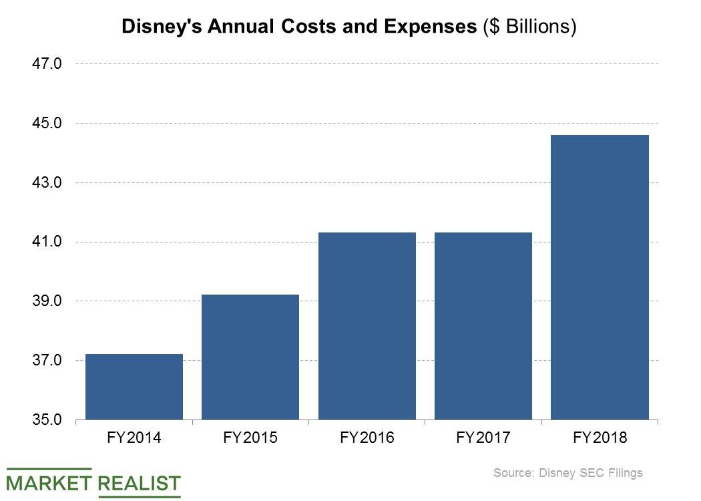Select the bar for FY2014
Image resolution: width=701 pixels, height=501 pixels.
pos(134,387)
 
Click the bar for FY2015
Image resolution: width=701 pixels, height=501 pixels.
pos(250,357)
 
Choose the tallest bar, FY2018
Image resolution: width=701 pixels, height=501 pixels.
pos(600,277)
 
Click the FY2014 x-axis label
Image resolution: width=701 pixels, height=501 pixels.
pos(134,438)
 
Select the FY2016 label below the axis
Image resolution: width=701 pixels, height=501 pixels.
pos(367,438)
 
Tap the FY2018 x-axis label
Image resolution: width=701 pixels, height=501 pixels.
pos(600,438)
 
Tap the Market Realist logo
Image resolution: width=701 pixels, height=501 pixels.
pos(94,482)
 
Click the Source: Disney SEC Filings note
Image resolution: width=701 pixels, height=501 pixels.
pos(567,473)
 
